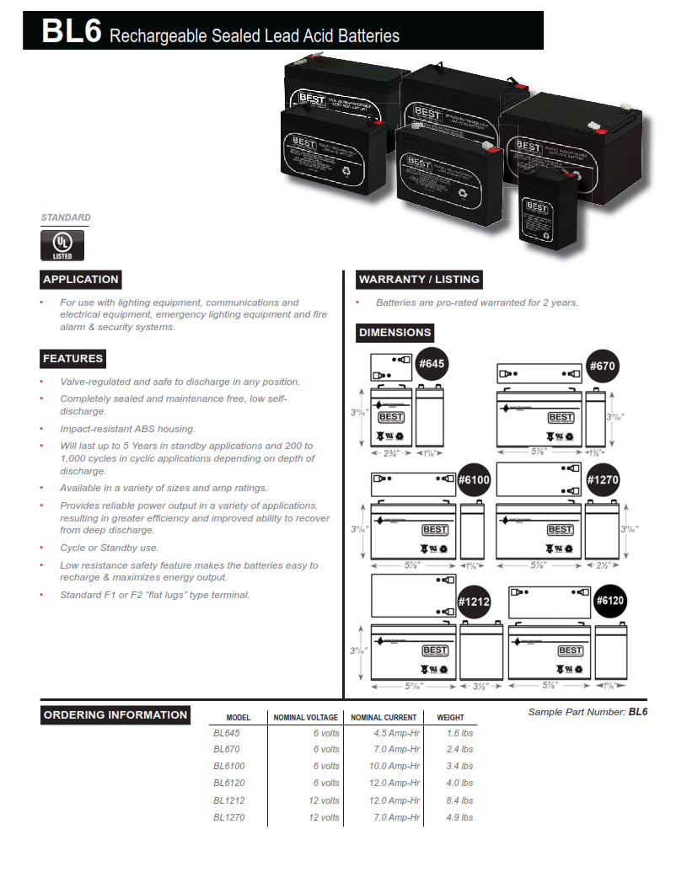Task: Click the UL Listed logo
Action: [x=63, y=244]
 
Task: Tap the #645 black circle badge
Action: [x=432, y=365]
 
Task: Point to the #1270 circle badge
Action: [x=603, y=479]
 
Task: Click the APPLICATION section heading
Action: [x=81, y=280]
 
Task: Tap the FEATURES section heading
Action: [x=73, y=359]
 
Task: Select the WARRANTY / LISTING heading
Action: [x=419, y=280]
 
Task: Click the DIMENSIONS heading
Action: [x=395, y=333]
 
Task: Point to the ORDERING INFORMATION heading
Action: [x=115, y=715]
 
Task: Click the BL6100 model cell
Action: [x=229, y=767]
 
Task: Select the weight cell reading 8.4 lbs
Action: [x=460, y=800]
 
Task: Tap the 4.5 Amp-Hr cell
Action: [x=396, y=733]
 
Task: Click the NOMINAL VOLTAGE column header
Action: [x=305, y=718]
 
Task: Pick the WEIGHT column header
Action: [x=450, y=718]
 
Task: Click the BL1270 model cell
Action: [x=229, y=817]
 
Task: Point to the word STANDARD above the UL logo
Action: [x=66, y=217]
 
